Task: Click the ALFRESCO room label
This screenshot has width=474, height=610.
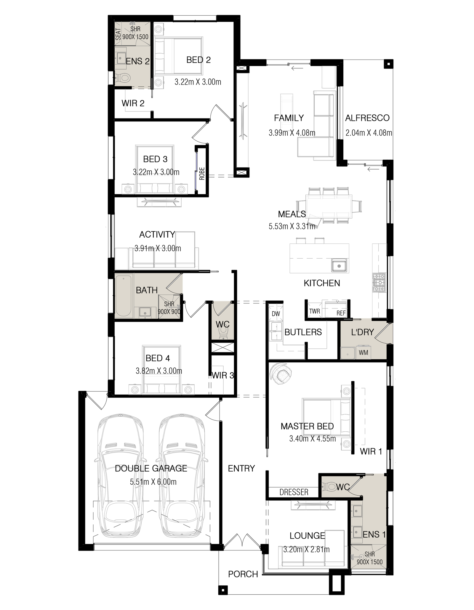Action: (x=367, y=118)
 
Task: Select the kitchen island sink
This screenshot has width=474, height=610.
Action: (x=339, y=265)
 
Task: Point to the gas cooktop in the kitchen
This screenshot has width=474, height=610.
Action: (x=379, y=282)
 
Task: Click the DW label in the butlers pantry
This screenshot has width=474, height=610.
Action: (x=276, y=314)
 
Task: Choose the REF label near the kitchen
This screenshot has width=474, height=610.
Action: (x=341, y=313)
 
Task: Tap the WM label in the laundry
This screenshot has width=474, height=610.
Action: (x=363, y=353)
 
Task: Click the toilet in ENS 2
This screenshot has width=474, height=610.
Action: (x=123, y=78)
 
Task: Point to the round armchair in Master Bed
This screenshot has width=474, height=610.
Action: (x=280, y=373)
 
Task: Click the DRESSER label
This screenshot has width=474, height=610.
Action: (x=294, y=492)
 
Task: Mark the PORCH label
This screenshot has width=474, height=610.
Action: (x=243, y=574)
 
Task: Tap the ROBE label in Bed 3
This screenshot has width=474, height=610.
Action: (x=202, y=174)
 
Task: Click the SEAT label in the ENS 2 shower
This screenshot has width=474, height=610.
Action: (x=118, y=34)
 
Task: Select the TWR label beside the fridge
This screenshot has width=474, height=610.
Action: (x=314, y=311)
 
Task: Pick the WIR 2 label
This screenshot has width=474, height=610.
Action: (x=133, y=103)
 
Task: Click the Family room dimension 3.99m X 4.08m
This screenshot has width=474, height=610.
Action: (x=292, y=133)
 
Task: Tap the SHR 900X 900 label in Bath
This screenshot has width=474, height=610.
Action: (x=169, y=308)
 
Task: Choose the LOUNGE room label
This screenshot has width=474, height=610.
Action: (x=307, y=536)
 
